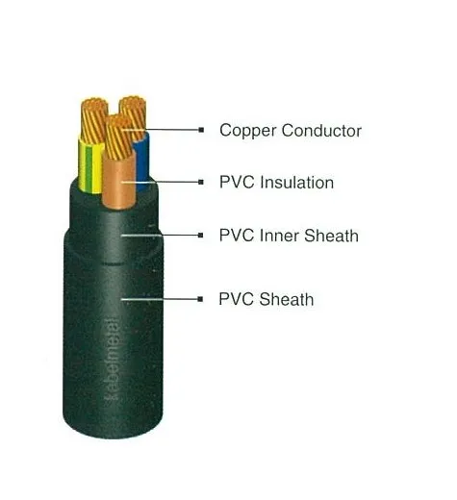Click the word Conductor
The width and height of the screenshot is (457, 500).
[x=321, y=131]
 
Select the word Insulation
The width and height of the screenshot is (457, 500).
[x=297, y=183]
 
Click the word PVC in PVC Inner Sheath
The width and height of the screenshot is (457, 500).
[x=237, y=236]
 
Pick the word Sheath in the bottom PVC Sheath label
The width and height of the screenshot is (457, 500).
[x=287, y=299]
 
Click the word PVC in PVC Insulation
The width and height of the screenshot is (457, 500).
[x=237, y=183]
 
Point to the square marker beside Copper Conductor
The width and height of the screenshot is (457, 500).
[x=201, y=130]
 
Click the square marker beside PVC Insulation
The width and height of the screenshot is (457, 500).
[x=201, y=182]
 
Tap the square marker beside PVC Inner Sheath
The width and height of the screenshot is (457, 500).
[x=201, y=236]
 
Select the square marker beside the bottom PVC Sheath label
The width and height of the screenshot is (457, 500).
[x=200, y=299]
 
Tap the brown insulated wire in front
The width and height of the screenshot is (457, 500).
[x=119, y=180]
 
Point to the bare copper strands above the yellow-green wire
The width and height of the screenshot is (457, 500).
[x=94, y=120]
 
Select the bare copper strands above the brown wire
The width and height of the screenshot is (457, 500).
[x=118, y=137]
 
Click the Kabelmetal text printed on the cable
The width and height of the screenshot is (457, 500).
[x=112, y=360]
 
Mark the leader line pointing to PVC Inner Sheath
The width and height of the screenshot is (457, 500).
[x=161, y=236]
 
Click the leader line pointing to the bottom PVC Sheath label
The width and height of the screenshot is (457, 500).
[x=160, y=299]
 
